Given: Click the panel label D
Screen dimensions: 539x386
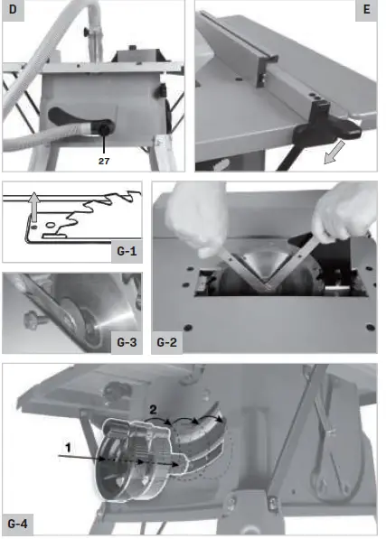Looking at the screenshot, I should [13, 12].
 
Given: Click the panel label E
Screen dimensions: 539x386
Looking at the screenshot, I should [364, 12].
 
